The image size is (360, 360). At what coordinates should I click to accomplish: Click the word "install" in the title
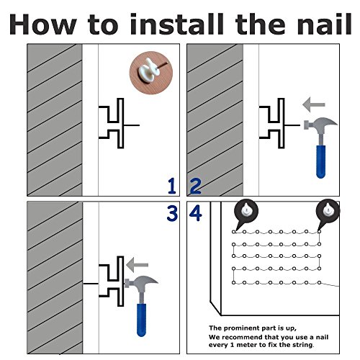pos(177,24)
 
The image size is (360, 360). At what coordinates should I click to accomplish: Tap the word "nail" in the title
pos(325,24)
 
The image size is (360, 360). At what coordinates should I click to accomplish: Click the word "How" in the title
pos(43,24)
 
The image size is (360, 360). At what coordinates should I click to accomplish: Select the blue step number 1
pos(172,186)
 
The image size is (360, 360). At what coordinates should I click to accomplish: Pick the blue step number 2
pos(195,186)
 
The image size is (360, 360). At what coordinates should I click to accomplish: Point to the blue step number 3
pos(172,213)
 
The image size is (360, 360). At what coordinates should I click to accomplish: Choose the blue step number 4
pos(196,213)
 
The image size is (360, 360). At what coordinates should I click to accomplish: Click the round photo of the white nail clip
pos(151,73)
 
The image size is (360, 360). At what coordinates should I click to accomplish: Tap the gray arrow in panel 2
pos(314,104)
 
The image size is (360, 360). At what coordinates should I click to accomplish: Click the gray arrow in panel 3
pos(137,265)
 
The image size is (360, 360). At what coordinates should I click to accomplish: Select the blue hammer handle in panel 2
pos(320,162)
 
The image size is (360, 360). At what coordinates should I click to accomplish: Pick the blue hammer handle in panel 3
pos(141,320)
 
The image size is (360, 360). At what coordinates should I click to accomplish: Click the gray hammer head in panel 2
pos(320,123)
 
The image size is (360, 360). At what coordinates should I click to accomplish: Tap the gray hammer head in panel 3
pos(141,282)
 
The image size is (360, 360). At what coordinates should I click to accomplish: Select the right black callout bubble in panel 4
pos(328,212)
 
